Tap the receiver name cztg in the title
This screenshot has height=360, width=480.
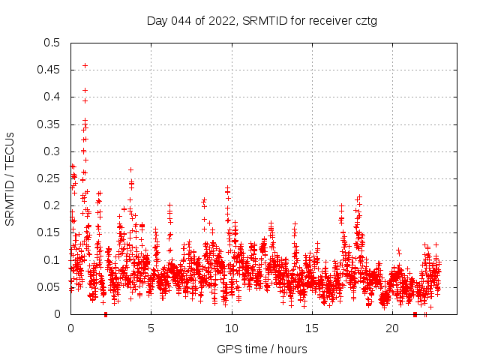coord(363,21)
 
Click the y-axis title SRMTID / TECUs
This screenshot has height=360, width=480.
coord(10,178)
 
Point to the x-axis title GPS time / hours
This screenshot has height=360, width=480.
coord(262,349)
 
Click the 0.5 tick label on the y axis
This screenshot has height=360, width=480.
coord(52,43)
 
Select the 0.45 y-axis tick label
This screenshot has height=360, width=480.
coord(49,70)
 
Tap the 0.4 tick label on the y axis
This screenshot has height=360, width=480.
coord(52,97)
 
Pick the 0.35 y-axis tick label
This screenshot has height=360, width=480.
coord(49,124)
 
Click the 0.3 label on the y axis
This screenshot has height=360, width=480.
coord(52,151)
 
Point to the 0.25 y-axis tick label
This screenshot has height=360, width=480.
coord(49,178)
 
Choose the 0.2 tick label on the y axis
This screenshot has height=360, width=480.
coord(52,205)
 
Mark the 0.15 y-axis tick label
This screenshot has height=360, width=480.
coord(49,232)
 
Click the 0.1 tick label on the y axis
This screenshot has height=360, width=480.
coord(52,260)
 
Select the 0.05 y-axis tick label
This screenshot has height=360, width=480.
coord(49,287)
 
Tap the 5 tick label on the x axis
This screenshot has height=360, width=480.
coord(151,328)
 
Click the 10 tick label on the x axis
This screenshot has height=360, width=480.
coord(232,328)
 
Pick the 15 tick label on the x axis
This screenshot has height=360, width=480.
coord(312,328)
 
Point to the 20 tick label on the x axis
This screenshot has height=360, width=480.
coord(392,328)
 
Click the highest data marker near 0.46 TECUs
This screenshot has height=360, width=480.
coord(85,65)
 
